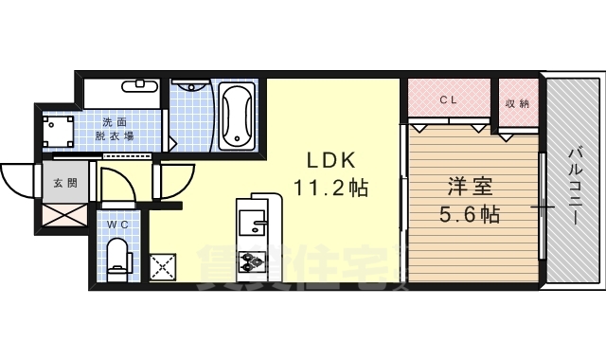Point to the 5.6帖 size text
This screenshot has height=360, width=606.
pos(469,214)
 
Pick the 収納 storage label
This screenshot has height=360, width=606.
pos(517,101)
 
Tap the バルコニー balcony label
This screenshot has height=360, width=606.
pos(575,186)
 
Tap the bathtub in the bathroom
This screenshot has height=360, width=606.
pos(235,117)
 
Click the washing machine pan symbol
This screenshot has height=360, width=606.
pos(60,130)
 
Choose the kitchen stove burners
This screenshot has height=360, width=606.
pos(252,261)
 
